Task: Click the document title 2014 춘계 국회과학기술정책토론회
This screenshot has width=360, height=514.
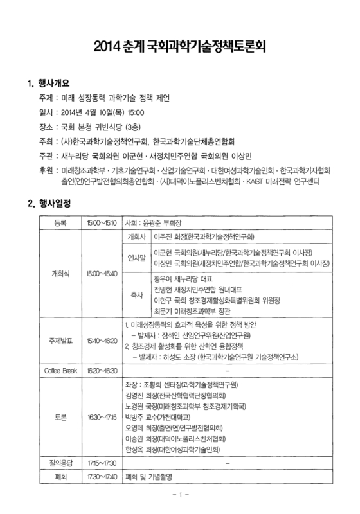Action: click(180, 47)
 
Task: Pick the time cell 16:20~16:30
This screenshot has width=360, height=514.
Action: click(102, 371)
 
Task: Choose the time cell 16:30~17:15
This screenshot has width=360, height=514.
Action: click(102, 416)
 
